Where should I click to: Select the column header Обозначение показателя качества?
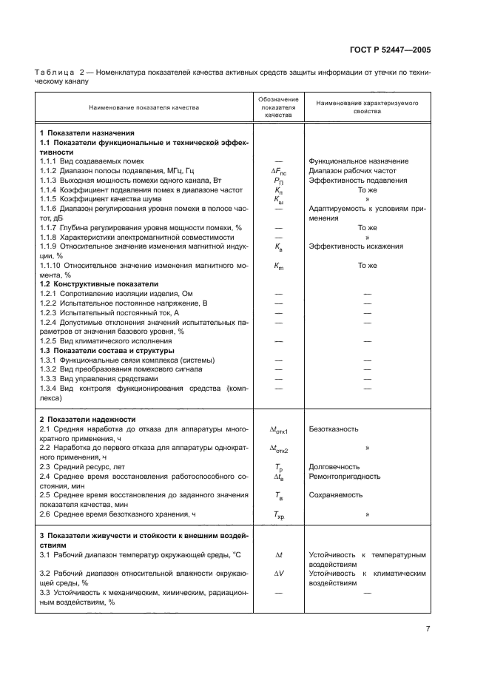coord(278,107)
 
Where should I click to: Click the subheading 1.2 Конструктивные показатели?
coord(98,283)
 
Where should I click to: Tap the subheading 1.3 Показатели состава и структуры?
coord(107,350)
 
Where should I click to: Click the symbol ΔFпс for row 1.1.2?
coord(279,171)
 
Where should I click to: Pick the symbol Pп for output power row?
coord(278,181)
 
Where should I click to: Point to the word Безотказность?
coord(334,429)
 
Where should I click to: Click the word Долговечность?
coord(334,467)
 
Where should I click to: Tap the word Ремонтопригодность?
coord(345,477)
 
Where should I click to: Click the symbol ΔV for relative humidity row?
coord(279,573)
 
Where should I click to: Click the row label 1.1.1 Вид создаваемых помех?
coord(91,161)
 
